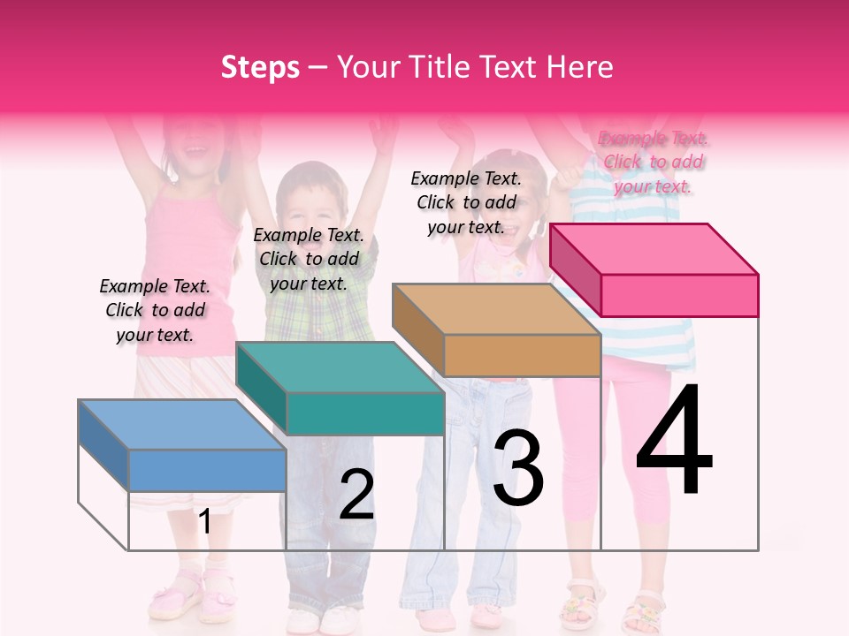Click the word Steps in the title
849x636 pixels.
click(x=260, y=67)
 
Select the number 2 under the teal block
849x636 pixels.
click(x=357, y=495)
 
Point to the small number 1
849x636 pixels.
click(x=204, y=521)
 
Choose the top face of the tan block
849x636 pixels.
click(x=496, y=308)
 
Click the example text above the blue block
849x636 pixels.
click(x=155, y=310)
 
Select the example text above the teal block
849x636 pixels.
click(x=309, y=259)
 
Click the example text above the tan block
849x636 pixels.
click(x=466, y=202)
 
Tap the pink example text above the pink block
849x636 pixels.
click(x=654, y=162)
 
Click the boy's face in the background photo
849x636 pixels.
click(x=309, y=203)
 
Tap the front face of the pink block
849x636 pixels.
click(x=679, y=295)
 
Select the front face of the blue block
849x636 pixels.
click(x=207, y=470)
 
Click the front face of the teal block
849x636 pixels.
click(x=364, y=413)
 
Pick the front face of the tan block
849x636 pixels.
click(x=522, y=355)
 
